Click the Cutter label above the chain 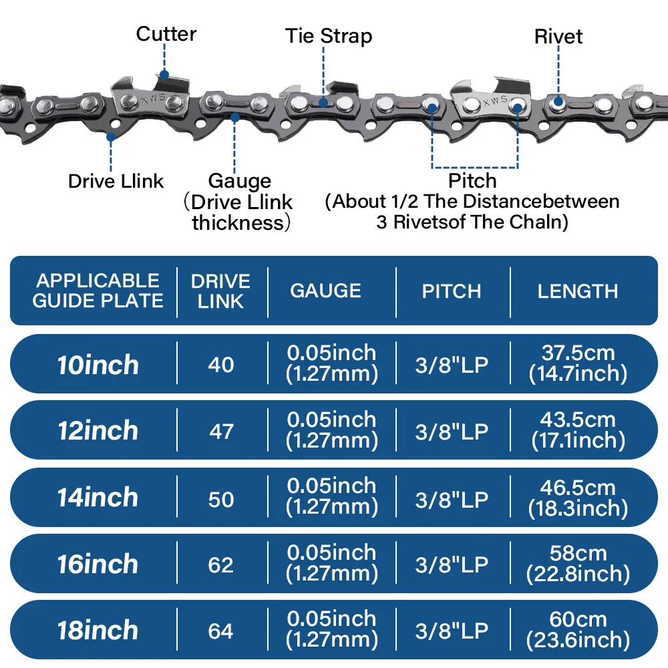[x=166, y=33]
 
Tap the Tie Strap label [x=329, y=35]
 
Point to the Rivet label [x=558, y=37]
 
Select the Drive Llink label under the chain [x=116, y=181]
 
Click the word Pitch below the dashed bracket [x=472, y=180]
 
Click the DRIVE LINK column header [x=220, y=291]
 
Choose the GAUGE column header [x=325, y=291]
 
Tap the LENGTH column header [x=578, y=291]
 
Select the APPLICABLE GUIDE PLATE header [x=98, y=291]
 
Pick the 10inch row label [x=98, y=365]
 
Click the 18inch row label [x=98, y=630]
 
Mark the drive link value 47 [x=221, y=431]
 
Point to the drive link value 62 [x=221, y=564]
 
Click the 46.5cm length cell [x=578, y=497]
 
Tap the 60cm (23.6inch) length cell [x=578, y=630]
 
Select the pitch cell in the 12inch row [x=452, y=431]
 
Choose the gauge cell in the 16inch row [x=331, y=563]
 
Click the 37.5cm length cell [x=578, y=363]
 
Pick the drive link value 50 [x=221, y=498]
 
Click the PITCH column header [x=452, y=291]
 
